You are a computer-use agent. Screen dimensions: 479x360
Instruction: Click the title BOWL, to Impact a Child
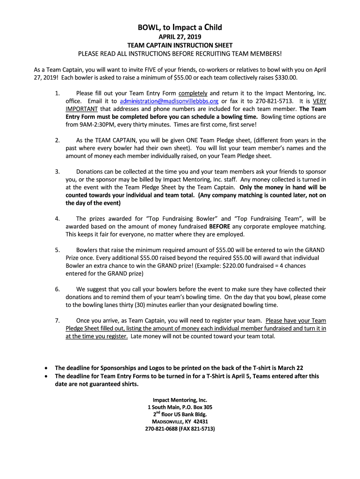pos(180,28)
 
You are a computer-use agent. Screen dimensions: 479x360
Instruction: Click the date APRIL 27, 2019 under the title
pos(180,37)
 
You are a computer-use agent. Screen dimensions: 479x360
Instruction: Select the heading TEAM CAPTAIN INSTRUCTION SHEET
pos(180,45)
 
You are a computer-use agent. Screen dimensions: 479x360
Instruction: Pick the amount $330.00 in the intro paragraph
pos(286,77)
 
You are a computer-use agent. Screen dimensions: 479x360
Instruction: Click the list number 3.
pos(57,171)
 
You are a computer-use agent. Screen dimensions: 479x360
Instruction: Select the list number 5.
pos(57,250)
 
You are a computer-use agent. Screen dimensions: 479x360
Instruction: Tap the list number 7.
pos(57,320)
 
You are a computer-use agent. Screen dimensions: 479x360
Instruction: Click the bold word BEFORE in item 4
pos(219,226)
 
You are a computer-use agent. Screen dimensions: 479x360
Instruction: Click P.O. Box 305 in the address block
pos(194,407)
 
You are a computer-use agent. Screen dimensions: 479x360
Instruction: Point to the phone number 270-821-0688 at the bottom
pos(165,428)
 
